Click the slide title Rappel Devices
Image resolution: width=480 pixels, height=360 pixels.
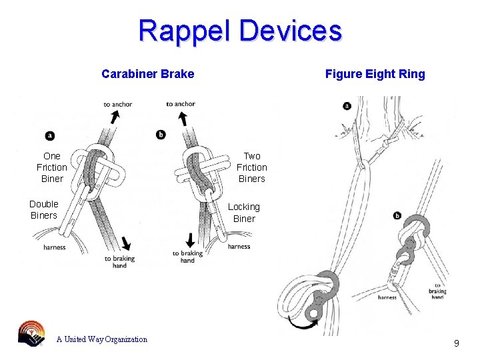point(240,31)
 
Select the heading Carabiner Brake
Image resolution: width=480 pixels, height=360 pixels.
point(147,74)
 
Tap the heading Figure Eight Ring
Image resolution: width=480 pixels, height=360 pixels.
point(375,74)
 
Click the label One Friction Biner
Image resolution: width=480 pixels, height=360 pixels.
point(51,167)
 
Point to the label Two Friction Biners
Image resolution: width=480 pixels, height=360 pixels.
point(251,167)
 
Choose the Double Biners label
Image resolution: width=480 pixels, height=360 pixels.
point(44,209)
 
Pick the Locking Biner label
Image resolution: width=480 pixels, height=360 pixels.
point(243,213)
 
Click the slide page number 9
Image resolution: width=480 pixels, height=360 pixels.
point(456,343)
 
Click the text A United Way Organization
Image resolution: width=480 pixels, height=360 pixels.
point(101,339)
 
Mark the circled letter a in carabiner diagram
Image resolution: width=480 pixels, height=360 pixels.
point(50,136)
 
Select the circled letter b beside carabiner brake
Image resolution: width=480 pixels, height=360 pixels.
point(161,135)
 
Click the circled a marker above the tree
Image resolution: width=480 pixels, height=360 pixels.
point(347,105)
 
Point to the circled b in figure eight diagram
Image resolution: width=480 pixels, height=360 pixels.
point(397,215)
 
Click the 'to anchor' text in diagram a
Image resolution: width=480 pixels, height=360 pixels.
point(117,104)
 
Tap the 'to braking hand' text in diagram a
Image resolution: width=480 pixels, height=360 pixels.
point(119,262)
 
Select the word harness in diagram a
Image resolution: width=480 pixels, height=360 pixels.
point(54,247)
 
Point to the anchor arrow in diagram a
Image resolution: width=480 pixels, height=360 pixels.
point(115,117)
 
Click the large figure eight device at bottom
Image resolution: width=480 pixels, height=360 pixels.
point(312,293)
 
